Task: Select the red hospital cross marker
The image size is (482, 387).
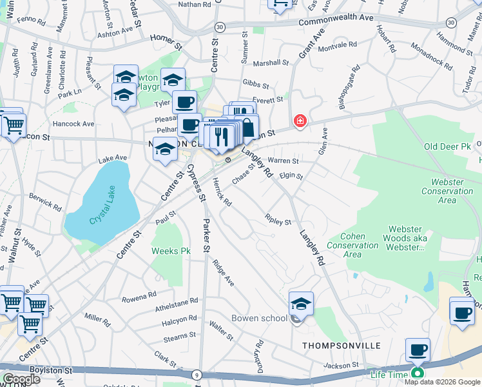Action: tap(299, 121)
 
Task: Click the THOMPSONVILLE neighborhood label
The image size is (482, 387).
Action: tap(338, 346)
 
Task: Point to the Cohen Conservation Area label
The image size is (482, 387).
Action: tap(352, 245)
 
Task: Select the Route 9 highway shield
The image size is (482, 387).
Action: tap(196, 373)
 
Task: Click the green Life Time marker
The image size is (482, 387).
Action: tap(418, 373)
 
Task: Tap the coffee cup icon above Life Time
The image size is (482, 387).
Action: tap(418, 350)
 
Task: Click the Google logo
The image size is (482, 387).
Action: tap(21, 379)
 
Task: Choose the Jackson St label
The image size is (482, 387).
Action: tap(340, 366)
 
